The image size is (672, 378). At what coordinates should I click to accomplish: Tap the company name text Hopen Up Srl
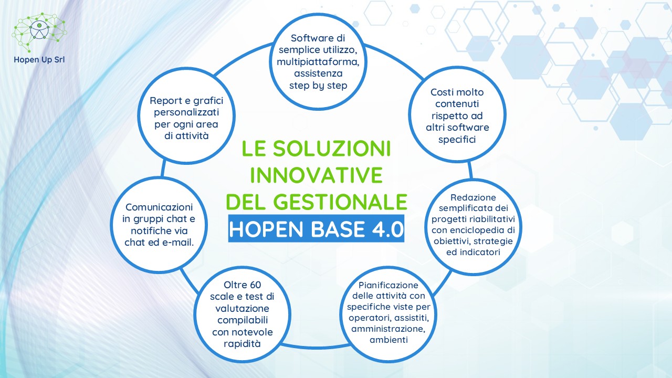(x=39, y=60)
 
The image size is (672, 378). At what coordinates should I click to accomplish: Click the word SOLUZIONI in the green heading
(x=332, y=149)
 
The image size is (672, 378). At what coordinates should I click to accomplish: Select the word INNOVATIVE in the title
(x=317, y=175)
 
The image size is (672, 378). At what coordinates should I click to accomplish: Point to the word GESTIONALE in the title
(x=341, y=202)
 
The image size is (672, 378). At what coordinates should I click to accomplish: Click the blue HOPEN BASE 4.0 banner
(x=316, y=228)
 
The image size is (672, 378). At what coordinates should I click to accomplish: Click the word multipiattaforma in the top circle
(x=318, y=62)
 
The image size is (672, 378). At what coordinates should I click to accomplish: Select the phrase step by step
(x=318, y=86)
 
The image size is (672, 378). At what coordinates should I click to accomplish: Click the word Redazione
(x=473, y=197)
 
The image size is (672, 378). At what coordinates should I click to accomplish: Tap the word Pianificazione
(x=388, y=285)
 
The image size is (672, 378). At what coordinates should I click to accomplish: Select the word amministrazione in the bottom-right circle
(x=388, y=329)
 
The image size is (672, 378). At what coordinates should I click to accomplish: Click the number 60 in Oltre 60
(x=255, y=285)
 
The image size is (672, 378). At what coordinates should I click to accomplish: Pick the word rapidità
(x=242, y=344)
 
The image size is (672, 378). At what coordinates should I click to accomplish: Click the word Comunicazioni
(x=159, y=207)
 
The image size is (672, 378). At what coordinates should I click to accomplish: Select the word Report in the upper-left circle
(x=166, y=101)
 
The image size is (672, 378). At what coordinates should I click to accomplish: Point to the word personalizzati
(x=186, y=112)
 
